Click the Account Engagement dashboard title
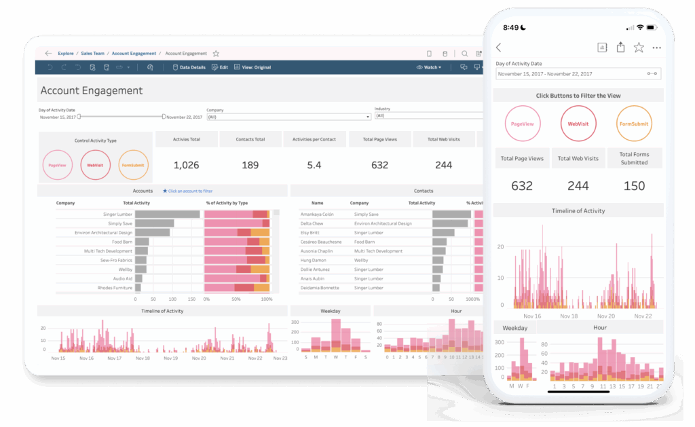[92, 90]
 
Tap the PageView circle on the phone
[522, 124]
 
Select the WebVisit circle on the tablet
[95, 165]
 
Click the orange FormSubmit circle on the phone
[634, 124]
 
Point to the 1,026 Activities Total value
[187, 165]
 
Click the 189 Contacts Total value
[250, 165]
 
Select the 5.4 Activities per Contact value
[314, 165]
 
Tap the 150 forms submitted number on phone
[634, 186]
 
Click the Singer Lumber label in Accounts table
[118, 214]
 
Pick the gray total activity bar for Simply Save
[154, 223]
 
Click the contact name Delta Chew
[312, 223]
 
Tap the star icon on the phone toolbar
[639, 48]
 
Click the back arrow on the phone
[499, 48]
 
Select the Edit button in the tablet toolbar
[220, 68]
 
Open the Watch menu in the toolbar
[429, 68]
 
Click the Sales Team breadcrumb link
[93, 53]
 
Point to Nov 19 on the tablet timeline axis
[170, 358]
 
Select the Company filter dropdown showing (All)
[288, 117]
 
